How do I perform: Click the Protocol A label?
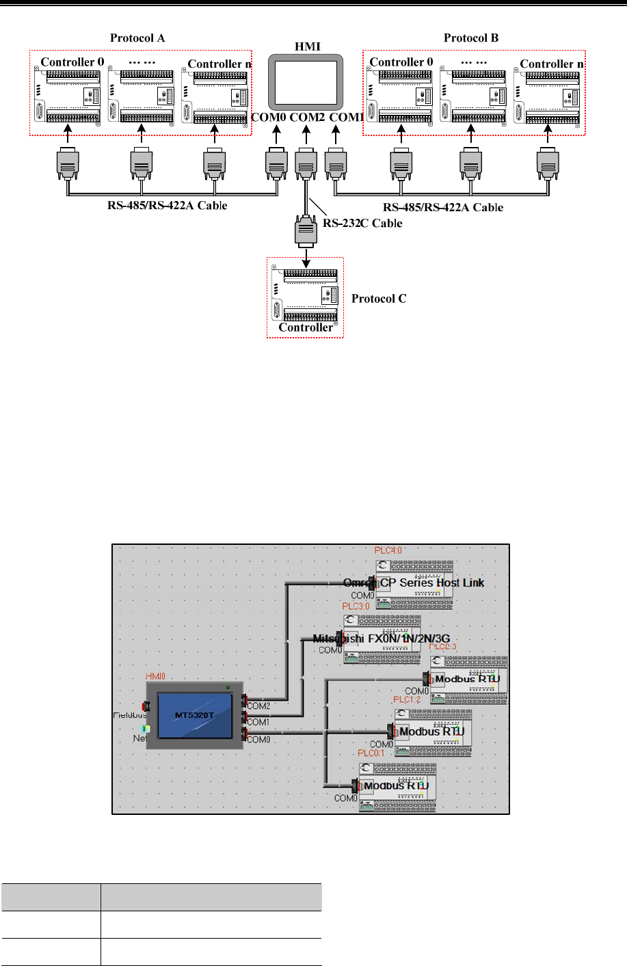pyautogui.click(x=137, y=38)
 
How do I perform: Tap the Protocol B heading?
pyautogui.click(x=471, y=38)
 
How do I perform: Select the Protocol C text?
pyautogui.click(x=379, y=299)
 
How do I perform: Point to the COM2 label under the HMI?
pyautogui.click(x=307, y=118)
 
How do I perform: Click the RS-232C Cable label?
pyautogui.click(x=362, y=224)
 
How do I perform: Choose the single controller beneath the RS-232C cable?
pyautogui.click(x=306, y=296)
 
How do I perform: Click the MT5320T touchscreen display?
pyautogui.click(x=195, y=715)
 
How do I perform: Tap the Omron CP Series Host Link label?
pyautogui.click(x=414, y=583)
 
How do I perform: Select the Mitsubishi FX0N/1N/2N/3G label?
pyautogui.click(x=381, y=639)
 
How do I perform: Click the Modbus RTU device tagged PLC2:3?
pyautogui.click(x=468, y=679)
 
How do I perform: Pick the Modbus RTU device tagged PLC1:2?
pyautogui.click(x=431, y=732)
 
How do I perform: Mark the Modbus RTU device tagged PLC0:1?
pyautogui.click(x=397, y=786)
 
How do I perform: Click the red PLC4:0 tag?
pyautogui.click(x=388, y=550)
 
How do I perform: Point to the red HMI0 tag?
pyautogui.click(x=157, y=677)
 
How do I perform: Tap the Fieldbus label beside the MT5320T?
pyautogui.click(x=130, y=715)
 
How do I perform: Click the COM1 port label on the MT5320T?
pyautogui.click(x=258, y=722)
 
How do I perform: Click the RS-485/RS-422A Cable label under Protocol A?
pyautogui.click(x=168, y=205)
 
